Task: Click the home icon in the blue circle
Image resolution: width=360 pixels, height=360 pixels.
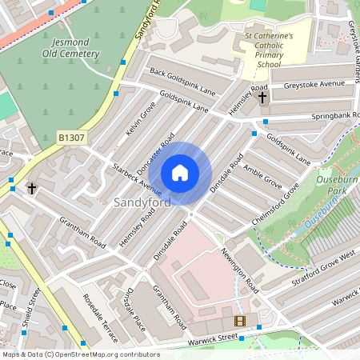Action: (x=180, y=173)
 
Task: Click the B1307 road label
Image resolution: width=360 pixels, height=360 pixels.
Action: (x=72, y=138)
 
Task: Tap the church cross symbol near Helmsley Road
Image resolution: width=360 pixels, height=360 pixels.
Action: (x=262, y=98)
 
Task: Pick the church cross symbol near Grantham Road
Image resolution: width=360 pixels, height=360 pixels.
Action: (x=32, y=189)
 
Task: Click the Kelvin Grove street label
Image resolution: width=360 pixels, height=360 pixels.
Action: (x=140, y=118)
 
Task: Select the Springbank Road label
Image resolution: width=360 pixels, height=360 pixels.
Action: (x=324, y=118)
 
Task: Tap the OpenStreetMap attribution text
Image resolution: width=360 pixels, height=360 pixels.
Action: (x=80, y=354)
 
